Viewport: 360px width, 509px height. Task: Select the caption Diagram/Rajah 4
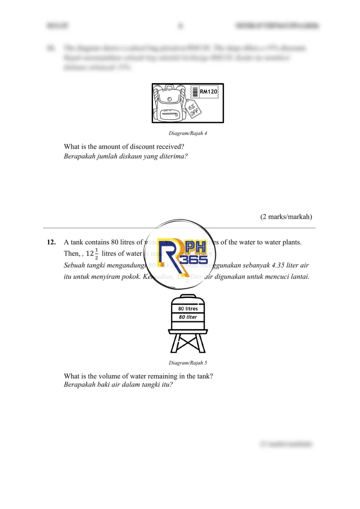point(188,133)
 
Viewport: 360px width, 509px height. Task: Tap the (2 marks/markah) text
point(286,216)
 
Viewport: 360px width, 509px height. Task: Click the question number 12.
point(51,242)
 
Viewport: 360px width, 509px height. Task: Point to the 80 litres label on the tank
point(188,309)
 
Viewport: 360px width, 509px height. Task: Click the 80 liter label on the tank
point(188,317)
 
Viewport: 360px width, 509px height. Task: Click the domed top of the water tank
point(188,297)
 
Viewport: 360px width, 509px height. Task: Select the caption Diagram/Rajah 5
point(188,363)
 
